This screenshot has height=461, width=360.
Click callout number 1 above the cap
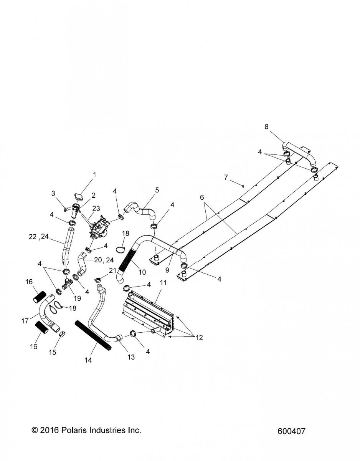point(94,175)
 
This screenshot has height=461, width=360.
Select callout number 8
point(266,127)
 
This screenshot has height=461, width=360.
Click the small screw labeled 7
point(243,186)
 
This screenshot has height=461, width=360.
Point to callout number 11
point(164,283)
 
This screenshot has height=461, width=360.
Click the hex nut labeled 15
point(62,335)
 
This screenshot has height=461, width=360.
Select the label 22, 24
point(39,237)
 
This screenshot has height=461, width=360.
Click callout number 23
point(96,208)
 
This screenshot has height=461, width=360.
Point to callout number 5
point(157,190)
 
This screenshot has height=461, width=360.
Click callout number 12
point(200,338)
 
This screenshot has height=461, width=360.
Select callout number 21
point(112,270)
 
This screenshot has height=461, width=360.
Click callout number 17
point(25,321)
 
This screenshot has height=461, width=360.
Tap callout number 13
point(131,357)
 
